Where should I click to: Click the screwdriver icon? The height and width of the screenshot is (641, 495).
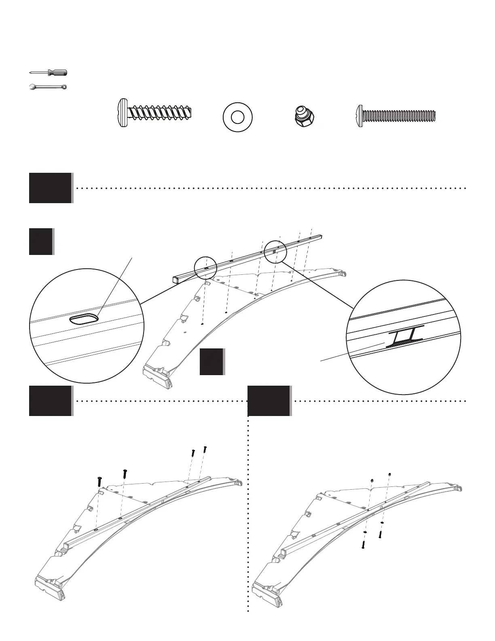[49, 73]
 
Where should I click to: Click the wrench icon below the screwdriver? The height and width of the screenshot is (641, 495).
[49, 87]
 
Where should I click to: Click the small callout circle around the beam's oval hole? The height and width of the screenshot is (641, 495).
[205, 268]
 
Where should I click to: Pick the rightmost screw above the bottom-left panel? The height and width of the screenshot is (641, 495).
[205, 449]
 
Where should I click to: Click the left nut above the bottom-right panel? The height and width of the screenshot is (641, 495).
[372, 480]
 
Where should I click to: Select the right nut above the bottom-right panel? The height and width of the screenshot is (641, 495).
[389, 474]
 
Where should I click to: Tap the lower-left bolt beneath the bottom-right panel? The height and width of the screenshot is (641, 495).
[363, 545]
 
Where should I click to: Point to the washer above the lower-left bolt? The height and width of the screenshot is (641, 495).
[365, 532]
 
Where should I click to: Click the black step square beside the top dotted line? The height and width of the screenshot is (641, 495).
[50, 188]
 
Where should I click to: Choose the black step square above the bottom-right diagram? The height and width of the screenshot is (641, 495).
[269, 401]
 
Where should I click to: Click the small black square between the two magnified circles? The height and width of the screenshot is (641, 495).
[212, 361]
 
